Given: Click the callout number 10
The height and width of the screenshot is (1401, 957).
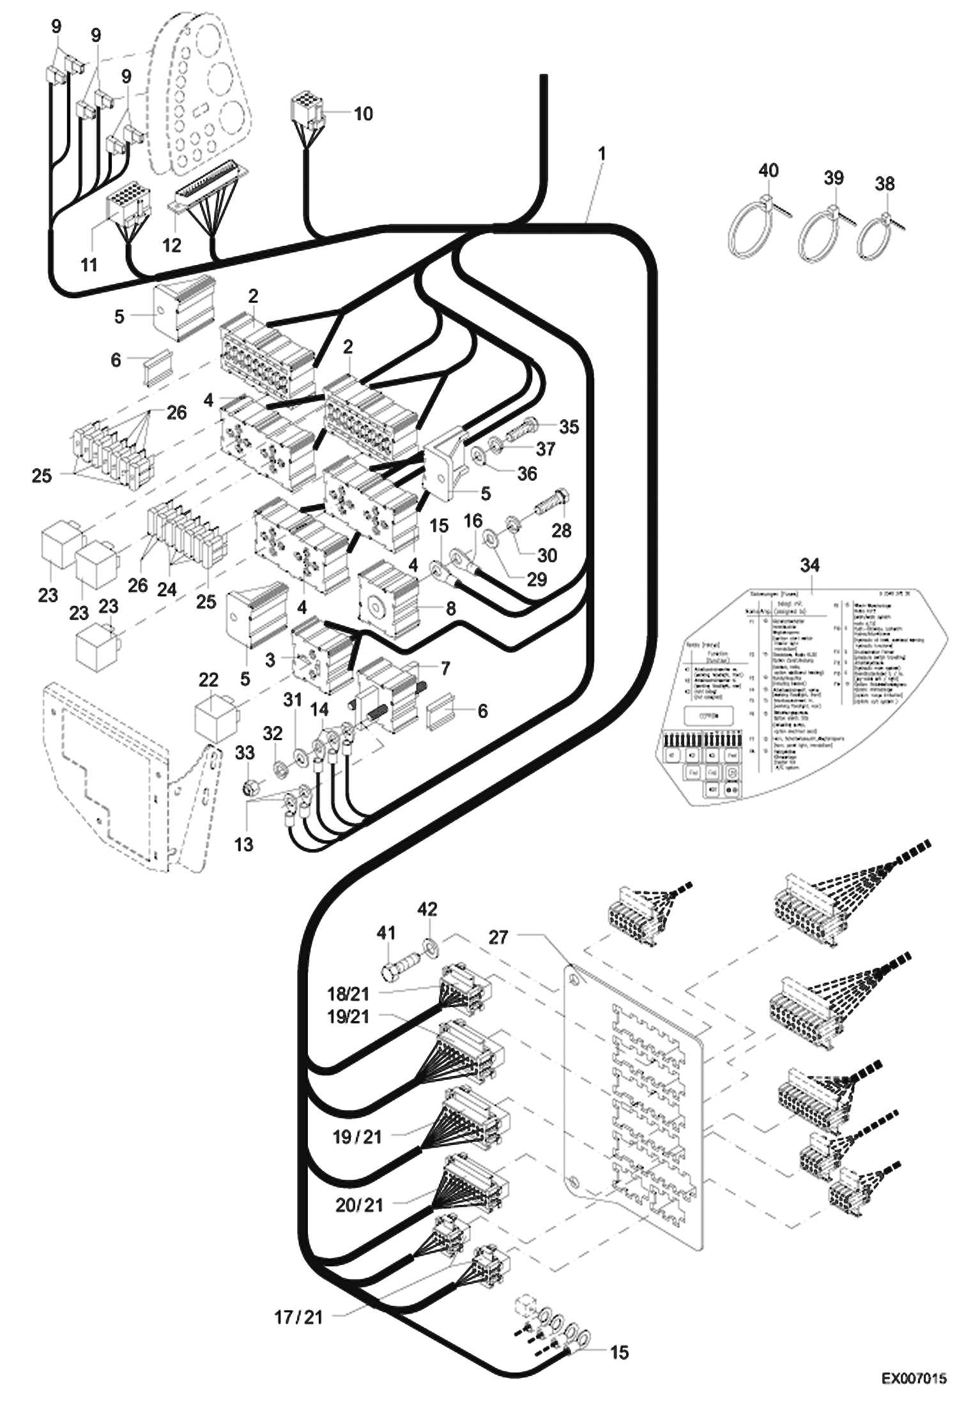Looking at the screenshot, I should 363,114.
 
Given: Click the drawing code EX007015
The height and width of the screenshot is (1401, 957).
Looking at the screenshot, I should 914,1379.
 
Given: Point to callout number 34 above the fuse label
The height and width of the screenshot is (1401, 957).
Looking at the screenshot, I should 809,564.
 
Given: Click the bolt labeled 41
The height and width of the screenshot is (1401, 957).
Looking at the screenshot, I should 399,967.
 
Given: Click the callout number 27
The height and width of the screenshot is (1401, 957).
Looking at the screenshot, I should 498,937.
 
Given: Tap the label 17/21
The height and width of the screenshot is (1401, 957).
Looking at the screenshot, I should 298,1317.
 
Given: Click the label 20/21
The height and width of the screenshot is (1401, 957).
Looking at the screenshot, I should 359,1204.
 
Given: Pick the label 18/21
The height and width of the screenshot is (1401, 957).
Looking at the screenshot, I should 348,993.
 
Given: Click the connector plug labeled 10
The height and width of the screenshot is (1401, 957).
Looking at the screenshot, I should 307,109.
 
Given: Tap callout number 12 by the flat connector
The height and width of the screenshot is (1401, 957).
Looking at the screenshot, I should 171,245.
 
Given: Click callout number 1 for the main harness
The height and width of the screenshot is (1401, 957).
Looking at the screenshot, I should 601,154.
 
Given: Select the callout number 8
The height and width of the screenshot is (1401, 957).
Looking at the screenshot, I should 451,608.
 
